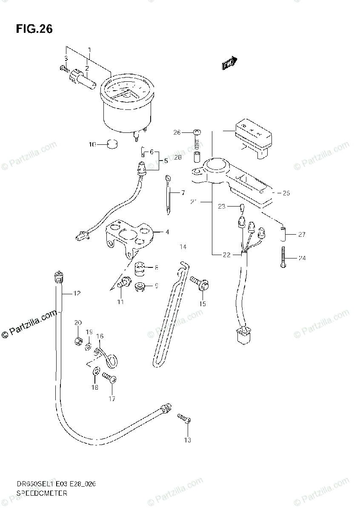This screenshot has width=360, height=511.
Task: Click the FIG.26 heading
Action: [x=34, y=29]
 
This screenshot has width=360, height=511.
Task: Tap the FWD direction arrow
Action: [x=229, y=63]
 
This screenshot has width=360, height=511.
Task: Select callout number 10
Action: [x=92, y=145]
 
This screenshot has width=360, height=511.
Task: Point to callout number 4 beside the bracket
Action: [x=167, y=232]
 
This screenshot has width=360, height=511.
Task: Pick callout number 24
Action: [x=302, y=258]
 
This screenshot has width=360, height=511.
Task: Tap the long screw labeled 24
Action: [x=283, y=257]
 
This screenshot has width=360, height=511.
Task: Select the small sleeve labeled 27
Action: [x=283, y=234]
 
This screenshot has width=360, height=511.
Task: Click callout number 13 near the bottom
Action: [x=187, y=440]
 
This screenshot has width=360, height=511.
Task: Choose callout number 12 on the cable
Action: [x=77, y=293]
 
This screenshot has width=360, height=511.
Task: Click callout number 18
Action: [x=94, y=387]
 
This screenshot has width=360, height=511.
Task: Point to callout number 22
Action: [x=226, y=255]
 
